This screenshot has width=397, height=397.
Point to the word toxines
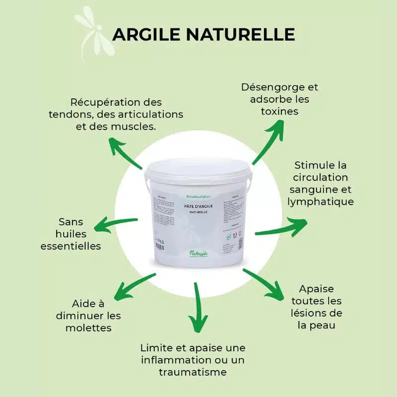280,111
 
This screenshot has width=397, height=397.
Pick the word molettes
89,328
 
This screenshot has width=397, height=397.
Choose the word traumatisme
193,372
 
